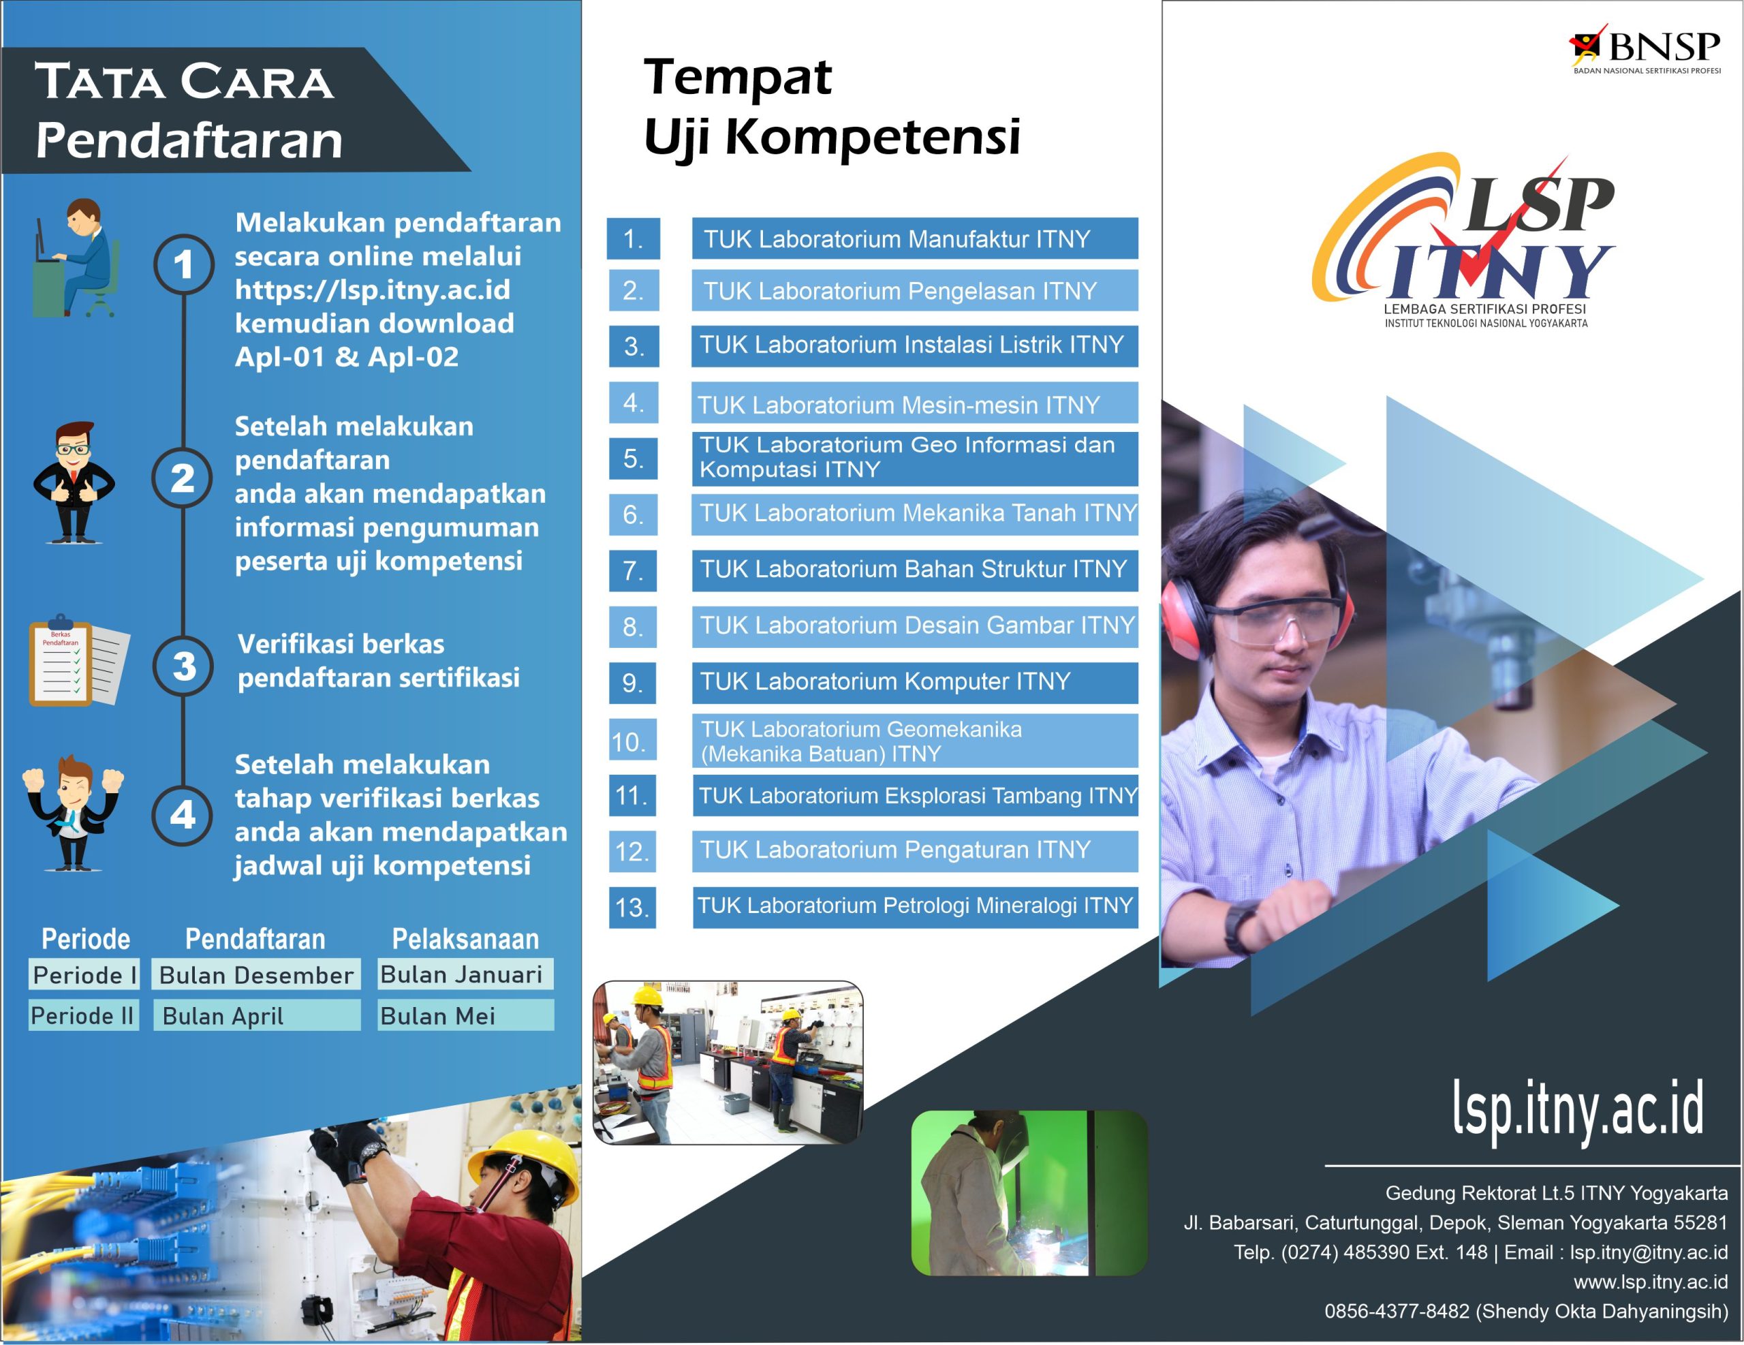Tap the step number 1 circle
184,264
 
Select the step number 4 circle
183,815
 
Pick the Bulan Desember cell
256,975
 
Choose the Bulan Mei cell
465,1016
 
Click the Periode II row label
83,1016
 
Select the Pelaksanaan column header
465,940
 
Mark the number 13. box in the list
632,908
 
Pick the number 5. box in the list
632,459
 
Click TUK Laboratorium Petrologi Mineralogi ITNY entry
915,906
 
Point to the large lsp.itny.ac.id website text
1578,1109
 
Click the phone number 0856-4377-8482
1397,1312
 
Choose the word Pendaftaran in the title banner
189,140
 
